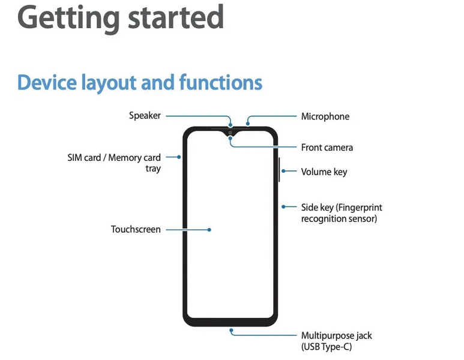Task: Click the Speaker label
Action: click(145, 115)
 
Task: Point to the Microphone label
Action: click(325, 116)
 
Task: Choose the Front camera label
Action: click(327, 148)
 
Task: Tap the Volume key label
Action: click(324, 172)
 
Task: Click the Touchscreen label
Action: click(136, 229)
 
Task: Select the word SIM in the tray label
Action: click(76, 158)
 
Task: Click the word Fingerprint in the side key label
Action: click(359, 208)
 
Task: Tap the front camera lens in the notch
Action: click(230, 133)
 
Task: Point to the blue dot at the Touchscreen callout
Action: click(209, 229)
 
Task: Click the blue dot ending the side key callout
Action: click(283, 207)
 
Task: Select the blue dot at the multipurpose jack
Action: click(230, 329)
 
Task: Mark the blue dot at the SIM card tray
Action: click(179, 157)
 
